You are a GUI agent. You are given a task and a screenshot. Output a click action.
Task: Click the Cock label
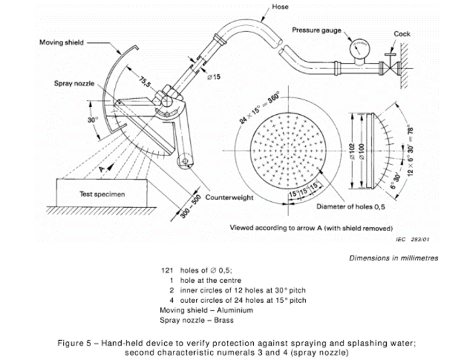(402, 34)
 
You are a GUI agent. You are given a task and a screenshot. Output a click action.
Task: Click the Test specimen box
(102, 194)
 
